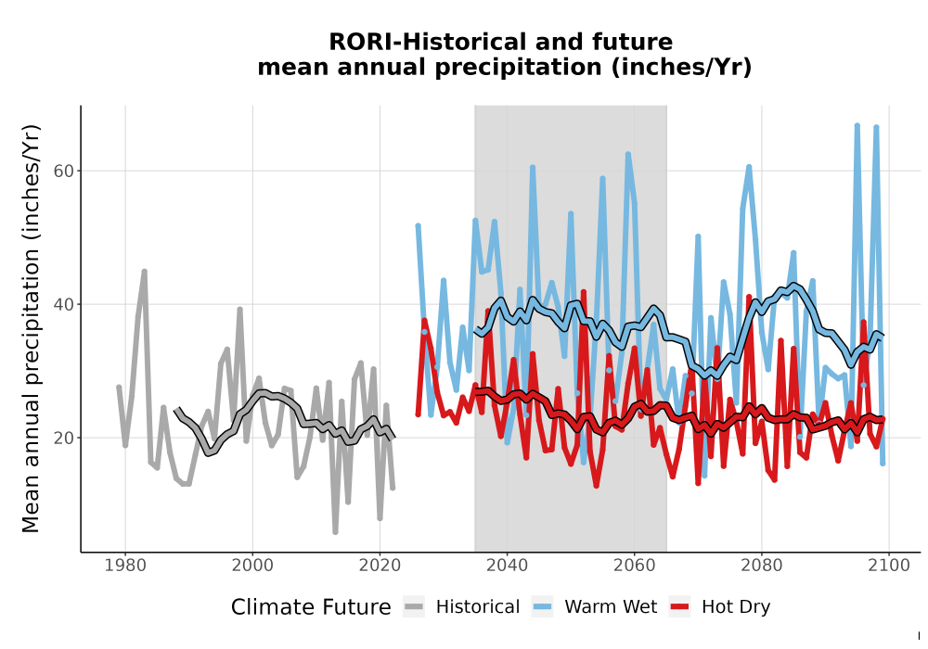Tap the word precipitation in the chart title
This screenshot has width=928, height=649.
pos(517,68)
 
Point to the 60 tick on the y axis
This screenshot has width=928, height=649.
pos(62,171)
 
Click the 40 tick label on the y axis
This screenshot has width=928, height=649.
pos(62,304)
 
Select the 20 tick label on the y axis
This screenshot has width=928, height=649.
pos(62,438)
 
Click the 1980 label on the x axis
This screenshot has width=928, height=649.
pos(125,566)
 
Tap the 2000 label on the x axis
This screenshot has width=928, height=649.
pos(252,566)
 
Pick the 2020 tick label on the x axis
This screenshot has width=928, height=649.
pos(380,566)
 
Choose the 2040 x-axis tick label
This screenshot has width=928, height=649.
pos(508,566)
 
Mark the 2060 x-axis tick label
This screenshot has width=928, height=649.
pos(635,566)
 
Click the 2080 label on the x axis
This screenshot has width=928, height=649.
pos(762,566)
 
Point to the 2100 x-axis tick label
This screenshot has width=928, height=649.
pos(889,566)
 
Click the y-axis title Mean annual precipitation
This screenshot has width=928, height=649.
pos(31,328)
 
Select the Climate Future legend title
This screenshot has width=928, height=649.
pos(311,607)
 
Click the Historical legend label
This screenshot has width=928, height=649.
pos(478,607)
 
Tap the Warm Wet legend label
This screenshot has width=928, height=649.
pos(611,607)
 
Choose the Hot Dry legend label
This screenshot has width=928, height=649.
pos(736,607)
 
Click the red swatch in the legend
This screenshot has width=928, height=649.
pos(680,607)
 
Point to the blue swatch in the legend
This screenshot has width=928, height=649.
pos(543,607)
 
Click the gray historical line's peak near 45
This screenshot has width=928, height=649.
pos(144,272)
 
